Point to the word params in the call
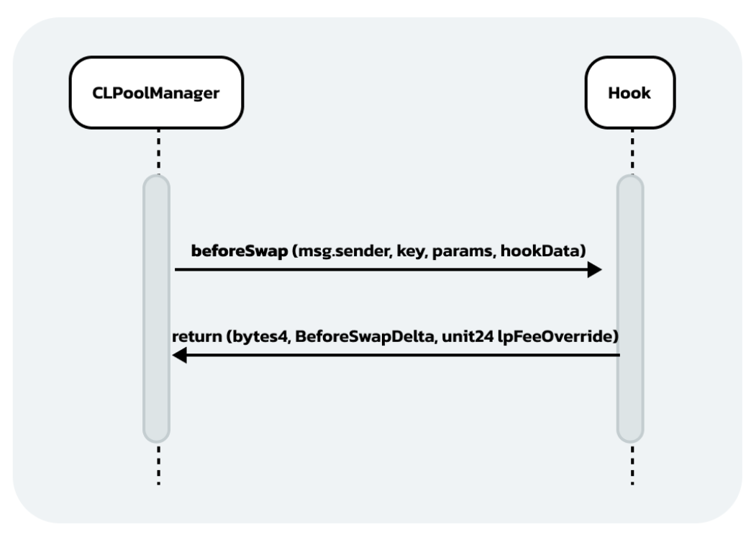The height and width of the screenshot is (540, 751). tap(455, 251)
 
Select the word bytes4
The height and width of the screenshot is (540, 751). tap(253, 336)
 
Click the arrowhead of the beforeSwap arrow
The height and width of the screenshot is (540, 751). tap(594, 270)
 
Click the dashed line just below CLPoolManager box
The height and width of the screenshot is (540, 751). tap(157, 151)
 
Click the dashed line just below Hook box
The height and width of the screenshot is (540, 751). tap(631, 151)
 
